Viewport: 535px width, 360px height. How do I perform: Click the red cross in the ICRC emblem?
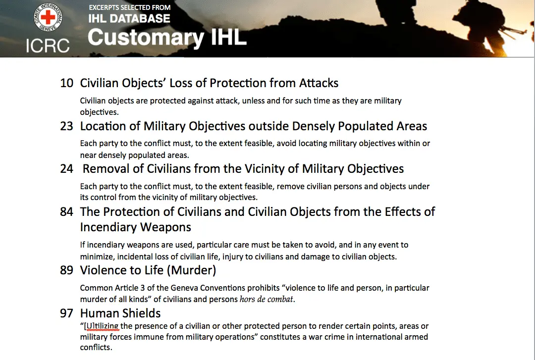(x=48, y=17)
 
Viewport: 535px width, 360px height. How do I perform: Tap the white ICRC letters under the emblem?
(x=48, y=46)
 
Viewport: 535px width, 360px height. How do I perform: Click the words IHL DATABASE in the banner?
(x=129, y=18)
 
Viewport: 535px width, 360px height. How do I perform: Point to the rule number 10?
(x=66, y=83)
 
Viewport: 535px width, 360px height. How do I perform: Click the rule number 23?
(x=66, y=126)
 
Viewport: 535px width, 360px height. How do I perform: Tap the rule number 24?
(x=66, y=168)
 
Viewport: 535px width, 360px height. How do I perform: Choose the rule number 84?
(x=66, y=211)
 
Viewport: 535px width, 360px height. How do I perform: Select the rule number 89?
(x=66, y=270)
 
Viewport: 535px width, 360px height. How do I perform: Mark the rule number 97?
(x=66, y=313)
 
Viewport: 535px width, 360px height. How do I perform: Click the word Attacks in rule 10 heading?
(x=319, y=83)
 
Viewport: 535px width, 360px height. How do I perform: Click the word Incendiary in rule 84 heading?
(x=135, y=227)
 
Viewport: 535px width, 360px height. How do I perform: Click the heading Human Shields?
(x=120, y=313)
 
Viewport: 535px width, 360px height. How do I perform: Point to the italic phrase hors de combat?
(x=266, y=299)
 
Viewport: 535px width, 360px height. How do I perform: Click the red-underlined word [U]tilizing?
(x=102, y=326)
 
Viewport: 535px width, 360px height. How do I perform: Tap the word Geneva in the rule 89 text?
(x=183, y=288)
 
